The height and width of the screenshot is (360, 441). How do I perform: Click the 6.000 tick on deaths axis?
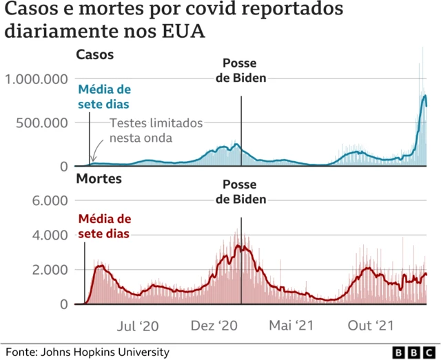pos(52,200)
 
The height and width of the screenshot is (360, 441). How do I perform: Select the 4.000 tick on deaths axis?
pos(52,235)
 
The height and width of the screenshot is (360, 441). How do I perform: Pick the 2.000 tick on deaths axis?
pos(52,269)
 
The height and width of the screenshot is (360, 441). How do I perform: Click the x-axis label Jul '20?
pos(139,325)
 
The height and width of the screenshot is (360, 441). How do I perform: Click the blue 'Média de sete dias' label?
pos(104,97)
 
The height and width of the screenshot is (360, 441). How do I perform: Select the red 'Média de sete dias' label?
pos(104,226)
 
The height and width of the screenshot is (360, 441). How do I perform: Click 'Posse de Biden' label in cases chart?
pos(241,71)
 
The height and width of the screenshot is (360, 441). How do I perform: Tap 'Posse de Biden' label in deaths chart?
pos(241,192)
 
